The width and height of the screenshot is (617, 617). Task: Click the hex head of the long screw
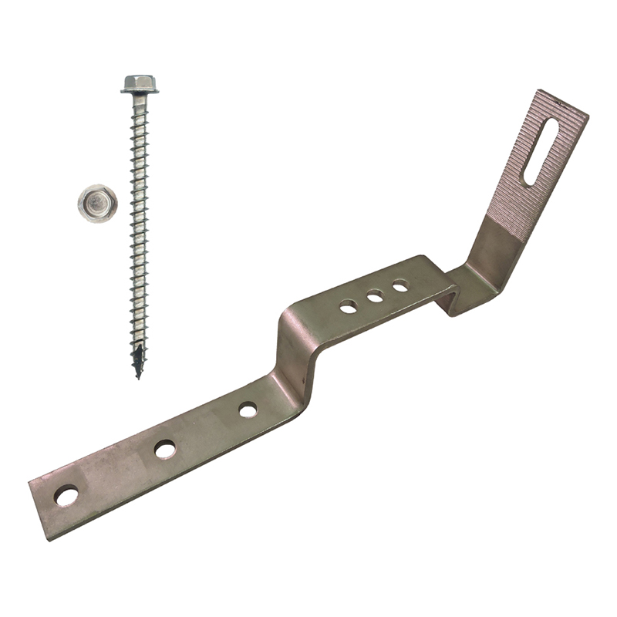pyautogui.click(x=140, y=81)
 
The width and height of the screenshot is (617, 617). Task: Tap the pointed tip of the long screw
pyautogui.click(x=138, y=376)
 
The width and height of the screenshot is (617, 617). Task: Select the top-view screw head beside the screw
pyautogui.click(x=97, y=204)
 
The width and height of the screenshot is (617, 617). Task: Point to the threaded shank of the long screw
pyautogui.click(x=139, y=231)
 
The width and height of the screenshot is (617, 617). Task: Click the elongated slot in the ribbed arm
pyautogui.click(x=540, y=151)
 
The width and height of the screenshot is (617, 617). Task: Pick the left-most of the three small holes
pyautogui.click(x=349, y=306)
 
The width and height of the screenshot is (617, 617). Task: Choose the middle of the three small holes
pyautogui.click(x=375, y=296)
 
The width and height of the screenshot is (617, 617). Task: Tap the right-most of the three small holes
pyautogui.click(x=400, y=286)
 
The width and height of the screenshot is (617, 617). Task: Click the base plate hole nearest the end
pyautogui.click(x=67, y=495)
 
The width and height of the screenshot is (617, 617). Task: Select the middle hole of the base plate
pyautogui.click(x=165, y=449)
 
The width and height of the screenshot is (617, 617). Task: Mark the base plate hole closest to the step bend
pyautogui.click(x=248, y=410)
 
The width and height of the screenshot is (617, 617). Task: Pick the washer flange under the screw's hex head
pyautogui.click(x=140, y=91)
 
